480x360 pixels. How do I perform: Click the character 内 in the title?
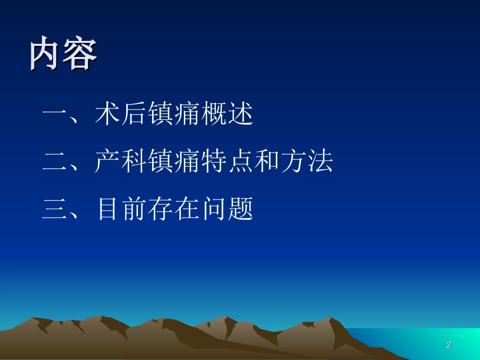(45, 55)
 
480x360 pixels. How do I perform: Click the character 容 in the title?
(80, 55)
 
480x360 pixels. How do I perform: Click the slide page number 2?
(449, 345)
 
